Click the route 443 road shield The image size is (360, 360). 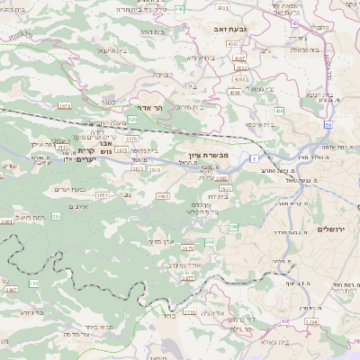179,8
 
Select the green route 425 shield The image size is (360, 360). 132,119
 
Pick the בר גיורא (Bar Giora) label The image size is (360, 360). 26,312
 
